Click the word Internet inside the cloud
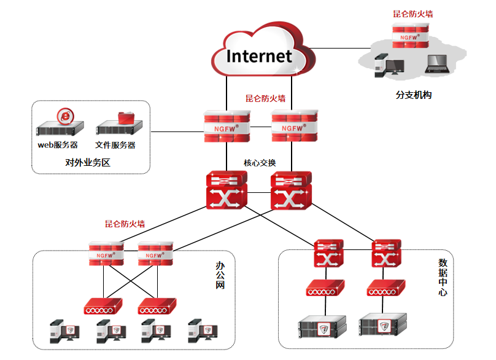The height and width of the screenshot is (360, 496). point(259,56)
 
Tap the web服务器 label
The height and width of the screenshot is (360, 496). point(58,146)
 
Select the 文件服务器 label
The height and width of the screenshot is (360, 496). point(115,146)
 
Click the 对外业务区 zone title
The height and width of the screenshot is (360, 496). point(87,163)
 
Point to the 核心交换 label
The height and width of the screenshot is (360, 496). point(260,163)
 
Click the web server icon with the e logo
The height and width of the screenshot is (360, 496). point(60,123)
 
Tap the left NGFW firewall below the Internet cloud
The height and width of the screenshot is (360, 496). point(227,127)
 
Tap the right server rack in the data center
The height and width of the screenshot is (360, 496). point(383,326)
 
